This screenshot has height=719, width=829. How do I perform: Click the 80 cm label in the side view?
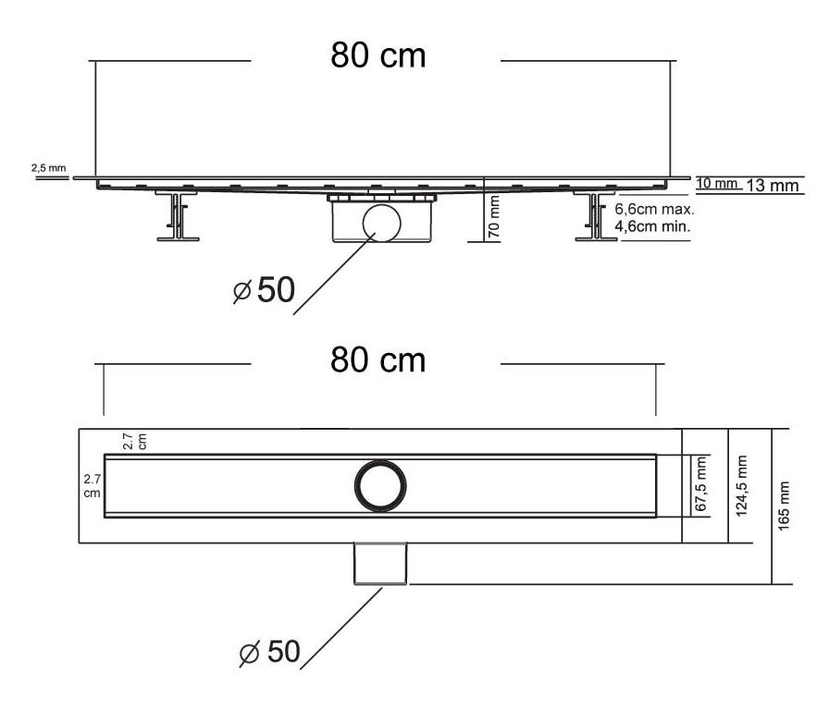(x=378, y=55)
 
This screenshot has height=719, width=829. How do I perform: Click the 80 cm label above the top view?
(x=378, y=360)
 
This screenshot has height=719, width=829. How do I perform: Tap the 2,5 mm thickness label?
(x=49, y=168)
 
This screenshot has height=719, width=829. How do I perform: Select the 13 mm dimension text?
(x=773, y=185)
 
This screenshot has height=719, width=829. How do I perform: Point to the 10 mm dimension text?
(x=716, y=183)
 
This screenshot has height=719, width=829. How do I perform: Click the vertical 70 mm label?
(x=493, y=216)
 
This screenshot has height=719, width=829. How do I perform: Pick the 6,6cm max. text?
(x=654, y=209)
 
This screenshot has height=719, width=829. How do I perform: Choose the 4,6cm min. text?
(x=653, y=226)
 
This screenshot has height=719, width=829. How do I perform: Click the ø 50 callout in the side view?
(x=264, y=290)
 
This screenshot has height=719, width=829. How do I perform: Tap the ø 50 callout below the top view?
(x=269, y=652)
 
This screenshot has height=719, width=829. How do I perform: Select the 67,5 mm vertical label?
(x=700, y=484)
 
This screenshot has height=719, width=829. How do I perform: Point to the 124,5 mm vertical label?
(x=742, y=486)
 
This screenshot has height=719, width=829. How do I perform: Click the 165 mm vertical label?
(x=784, y=506)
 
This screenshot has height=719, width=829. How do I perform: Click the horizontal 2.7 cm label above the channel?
(x=134, y=442)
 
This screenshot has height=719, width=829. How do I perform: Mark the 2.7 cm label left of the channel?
(x=92, y=486)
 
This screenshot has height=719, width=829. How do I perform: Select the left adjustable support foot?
(x=178, y=216)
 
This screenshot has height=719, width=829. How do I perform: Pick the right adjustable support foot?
(x=595, y=216)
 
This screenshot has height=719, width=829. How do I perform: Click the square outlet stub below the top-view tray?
(x=380, y=564)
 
